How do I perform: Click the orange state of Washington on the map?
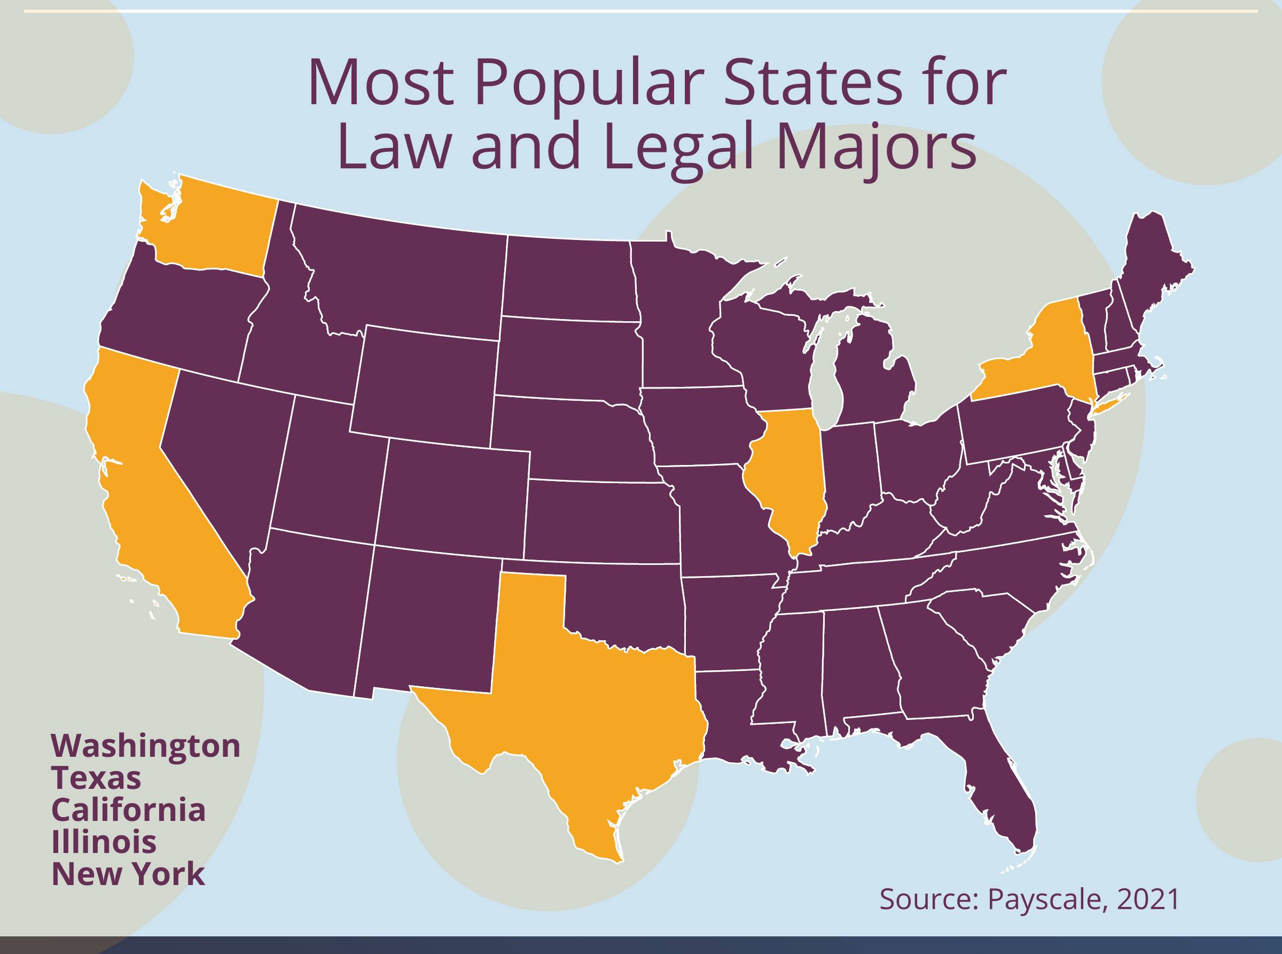(214, 231)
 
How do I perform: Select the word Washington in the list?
(145, 746)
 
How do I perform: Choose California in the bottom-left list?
(128, 810)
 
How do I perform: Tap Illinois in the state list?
(104, 842)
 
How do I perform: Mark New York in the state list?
(128, 874)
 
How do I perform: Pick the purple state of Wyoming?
(424, 384)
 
